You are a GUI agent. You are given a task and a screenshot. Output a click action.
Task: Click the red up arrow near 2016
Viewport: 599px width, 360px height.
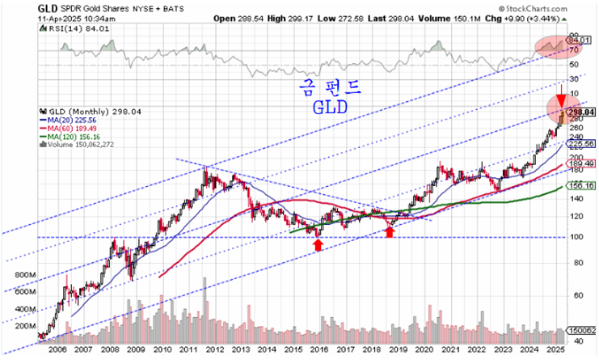point(318,244)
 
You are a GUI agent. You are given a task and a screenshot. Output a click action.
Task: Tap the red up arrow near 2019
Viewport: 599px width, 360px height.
point(390,232)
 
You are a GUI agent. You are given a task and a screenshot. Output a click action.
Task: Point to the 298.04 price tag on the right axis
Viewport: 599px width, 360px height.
point(581,112)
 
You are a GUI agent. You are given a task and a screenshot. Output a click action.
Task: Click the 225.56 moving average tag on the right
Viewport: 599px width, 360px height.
point(581,143)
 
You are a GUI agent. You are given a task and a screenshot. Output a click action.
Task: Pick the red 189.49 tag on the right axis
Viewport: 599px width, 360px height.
point(581,164)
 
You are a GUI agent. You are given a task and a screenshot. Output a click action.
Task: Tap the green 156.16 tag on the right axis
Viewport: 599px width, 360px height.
point(581,185)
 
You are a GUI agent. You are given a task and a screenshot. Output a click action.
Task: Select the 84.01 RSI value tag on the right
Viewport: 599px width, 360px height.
point(580,39)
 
